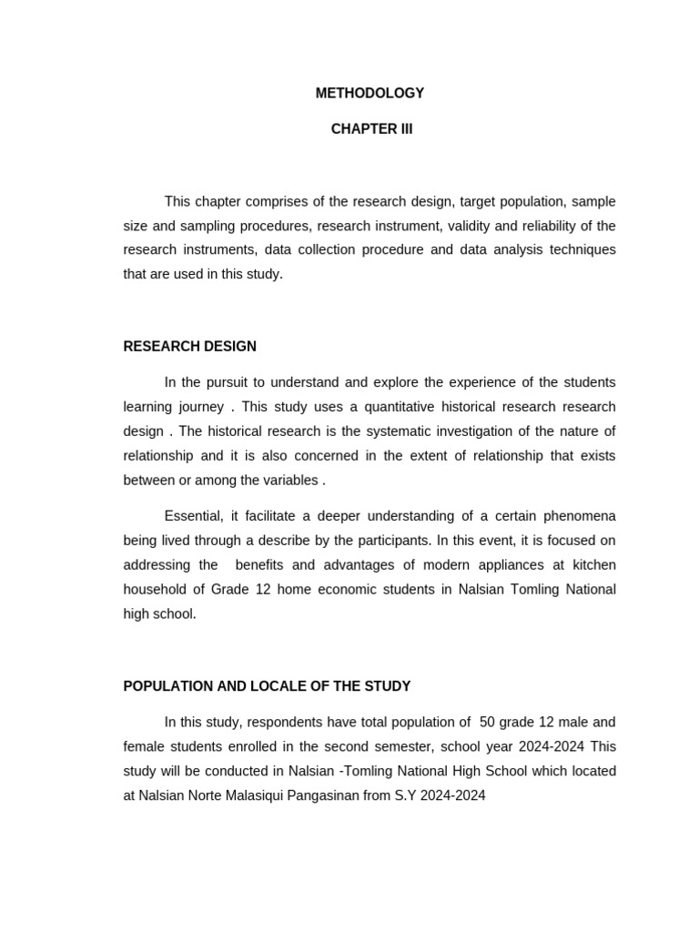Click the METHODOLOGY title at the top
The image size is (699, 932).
pyautogui.click(x=370, y=93)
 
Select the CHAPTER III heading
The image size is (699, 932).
pyautogui.click(x=371, y=129)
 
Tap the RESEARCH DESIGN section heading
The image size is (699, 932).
pyautogui.click(x=189, y=347)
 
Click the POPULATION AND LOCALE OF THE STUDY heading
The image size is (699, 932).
pyautogui.click(x=267, y=686)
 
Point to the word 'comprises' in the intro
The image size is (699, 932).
pyautogui.click(x=271, y=201)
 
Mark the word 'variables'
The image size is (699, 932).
pyautogui.click(x=290, y=481)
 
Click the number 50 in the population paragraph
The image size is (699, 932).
pyautogui.click(x=487, y=723)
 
